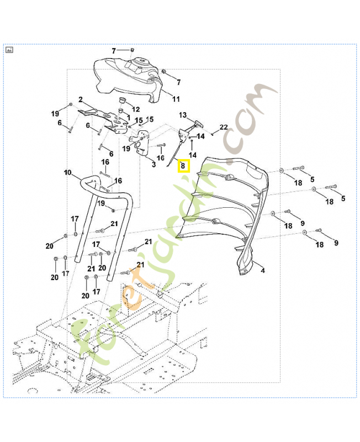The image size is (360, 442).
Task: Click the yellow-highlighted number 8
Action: tap(183, 166)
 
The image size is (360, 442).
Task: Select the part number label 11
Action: tap(176, 99)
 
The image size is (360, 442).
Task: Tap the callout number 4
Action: tap(262, 271)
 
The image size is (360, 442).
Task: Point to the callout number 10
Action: tap(67, 173)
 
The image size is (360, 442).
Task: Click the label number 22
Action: tap(223, 128)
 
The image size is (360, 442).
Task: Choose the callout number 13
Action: tap(183, 115)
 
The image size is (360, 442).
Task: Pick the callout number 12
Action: tap(135, 109)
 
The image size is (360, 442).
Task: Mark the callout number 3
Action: tap(153, 164)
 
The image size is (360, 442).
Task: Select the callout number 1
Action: tap(128, 118)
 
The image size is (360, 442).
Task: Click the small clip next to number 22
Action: tap(213, 133)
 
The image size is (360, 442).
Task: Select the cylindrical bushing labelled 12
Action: tap(122, 102)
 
